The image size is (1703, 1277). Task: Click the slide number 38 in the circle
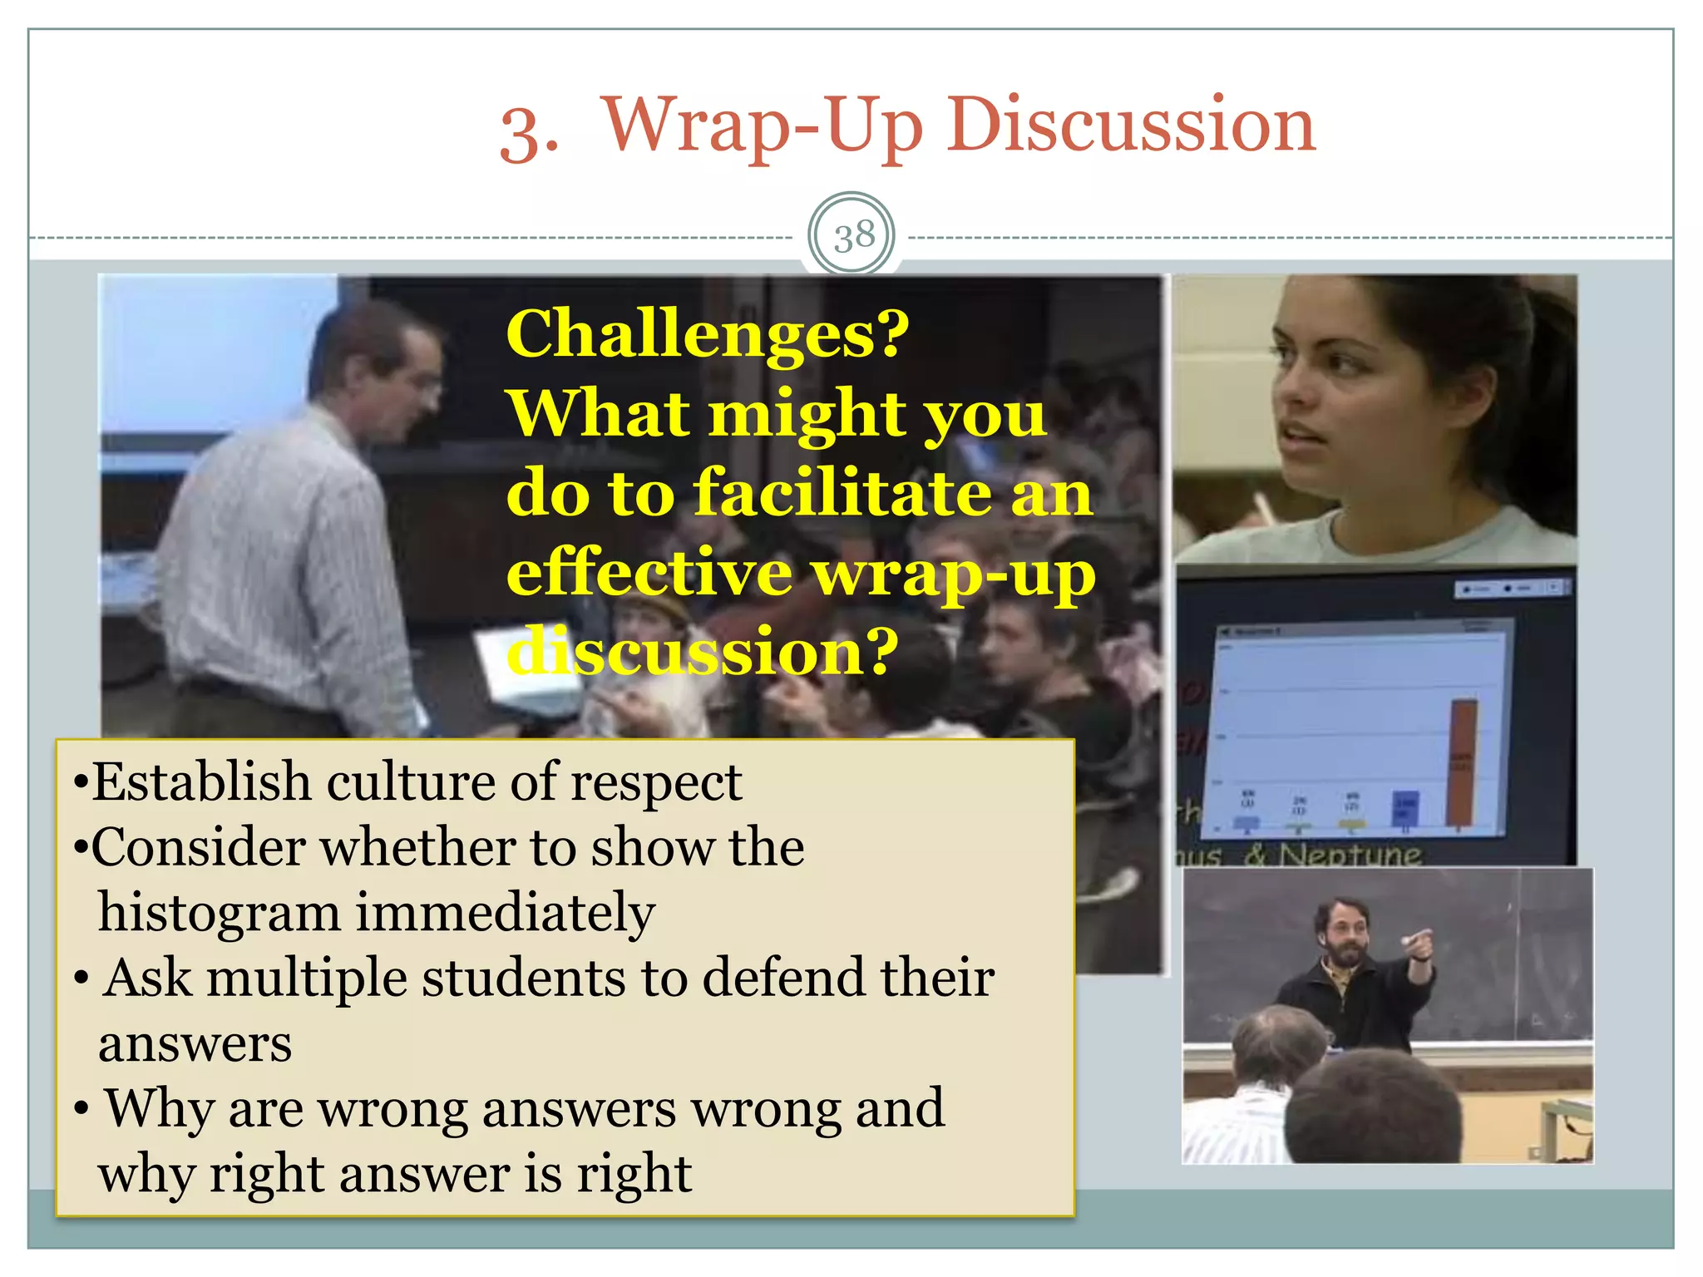tap(854, 236)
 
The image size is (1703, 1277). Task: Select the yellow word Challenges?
tap(708, 335)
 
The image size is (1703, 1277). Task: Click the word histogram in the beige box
tap(220, 914)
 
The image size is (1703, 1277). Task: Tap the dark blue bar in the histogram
tap(1405, 808)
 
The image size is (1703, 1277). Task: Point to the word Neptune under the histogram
tap(1350, 854)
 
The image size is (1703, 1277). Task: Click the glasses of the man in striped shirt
tap(426, 384)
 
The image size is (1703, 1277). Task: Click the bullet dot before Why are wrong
tap(81, 1110)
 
